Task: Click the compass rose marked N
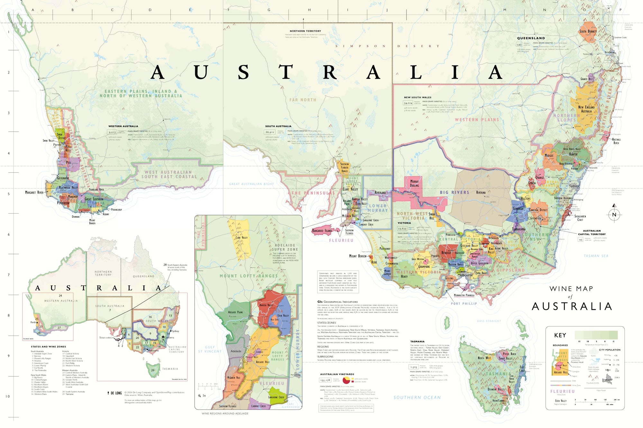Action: [x=614, y=214]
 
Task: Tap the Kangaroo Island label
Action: [x=322, y=231]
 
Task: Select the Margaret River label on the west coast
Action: [x=34, y=192]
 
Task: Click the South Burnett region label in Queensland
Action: [x=588, y=31]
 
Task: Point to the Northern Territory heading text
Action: [x=305, y=31]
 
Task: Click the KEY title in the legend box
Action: [x=560, y=335]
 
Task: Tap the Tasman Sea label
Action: [x=596, y=256]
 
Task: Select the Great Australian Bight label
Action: [x=251, y=184]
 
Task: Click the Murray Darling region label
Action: [x=414, y=183]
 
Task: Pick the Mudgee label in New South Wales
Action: [x=549, y=155]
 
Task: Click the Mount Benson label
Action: [x=358, y=256]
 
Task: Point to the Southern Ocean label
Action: [x=417, y=397]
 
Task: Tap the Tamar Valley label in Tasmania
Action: [x=505, y=358]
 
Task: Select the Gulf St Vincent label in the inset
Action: [x=210, y=349]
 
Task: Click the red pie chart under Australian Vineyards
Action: [x=346, y=380]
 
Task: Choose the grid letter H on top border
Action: [x=309, y=10]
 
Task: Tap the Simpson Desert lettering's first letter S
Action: [x=337, y=46]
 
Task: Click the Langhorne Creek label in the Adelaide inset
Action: [x=276, y=397]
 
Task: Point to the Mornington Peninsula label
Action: [x=464, y=295]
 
